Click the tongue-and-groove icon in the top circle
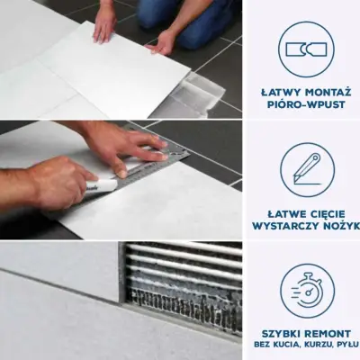(x=306, y=49)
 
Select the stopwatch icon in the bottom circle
(x=307, y=290)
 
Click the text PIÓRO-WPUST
(x=306, y=104)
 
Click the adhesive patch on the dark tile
(x=201, y=94)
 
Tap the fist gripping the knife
(x=61, y=182)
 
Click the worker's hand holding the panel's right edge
(x=164, y=42)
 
